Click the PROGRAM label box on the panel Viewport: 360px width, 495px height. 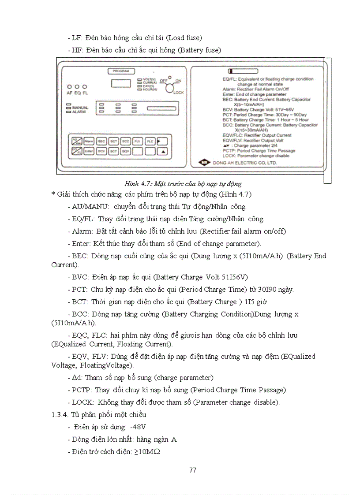(120, 71)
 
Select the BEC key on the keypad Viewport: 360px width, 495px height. (101, 141)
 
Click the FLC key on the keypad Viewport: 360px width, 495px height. (150, 141)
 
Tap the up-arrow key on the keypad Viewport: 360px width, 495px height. (163, 151)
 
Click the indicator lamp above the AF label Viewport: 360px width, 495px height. (69, 87)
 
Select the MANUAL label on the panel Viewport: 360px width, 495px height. (80, 108)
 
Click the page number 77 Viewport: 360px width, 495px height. (192, 470)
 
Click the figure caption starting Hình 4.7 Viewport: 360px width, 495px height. (183, 183)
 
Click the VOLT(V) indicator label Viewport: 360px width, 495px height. (150, 79)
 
